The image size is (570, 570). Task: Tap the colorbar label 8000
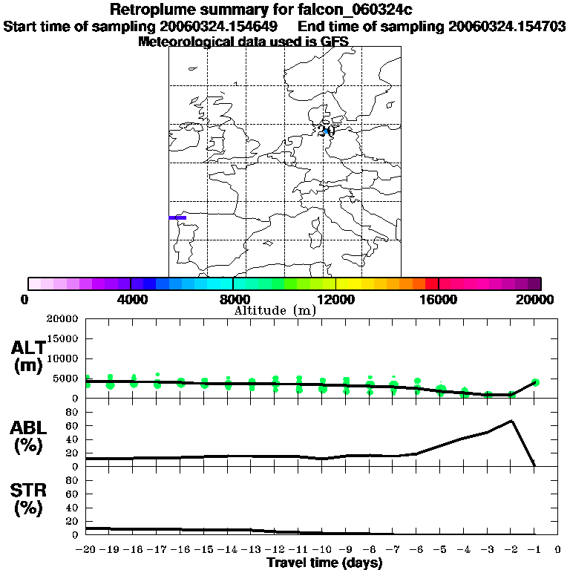click(233, 299)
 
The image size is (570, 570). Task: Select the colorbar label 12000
click(336, 299)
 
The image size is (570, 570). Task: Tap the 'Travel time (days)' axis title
click(324, 563)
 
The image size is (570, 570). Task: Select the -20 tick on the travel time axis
click(86, 550)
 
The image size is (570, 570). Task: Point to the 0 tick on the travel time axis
click(557, 550)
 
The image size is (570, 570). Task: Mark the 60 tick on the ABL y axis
click(73, 425)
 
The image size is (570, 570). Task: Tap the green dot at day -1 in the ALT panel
click(535, 382)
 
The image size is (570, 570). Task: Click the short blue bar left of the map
click(177, 217)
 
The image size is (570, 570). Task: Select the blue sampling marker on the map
click(326, 131)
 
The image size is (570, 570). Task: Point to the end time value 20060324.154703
click(507, 27)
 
